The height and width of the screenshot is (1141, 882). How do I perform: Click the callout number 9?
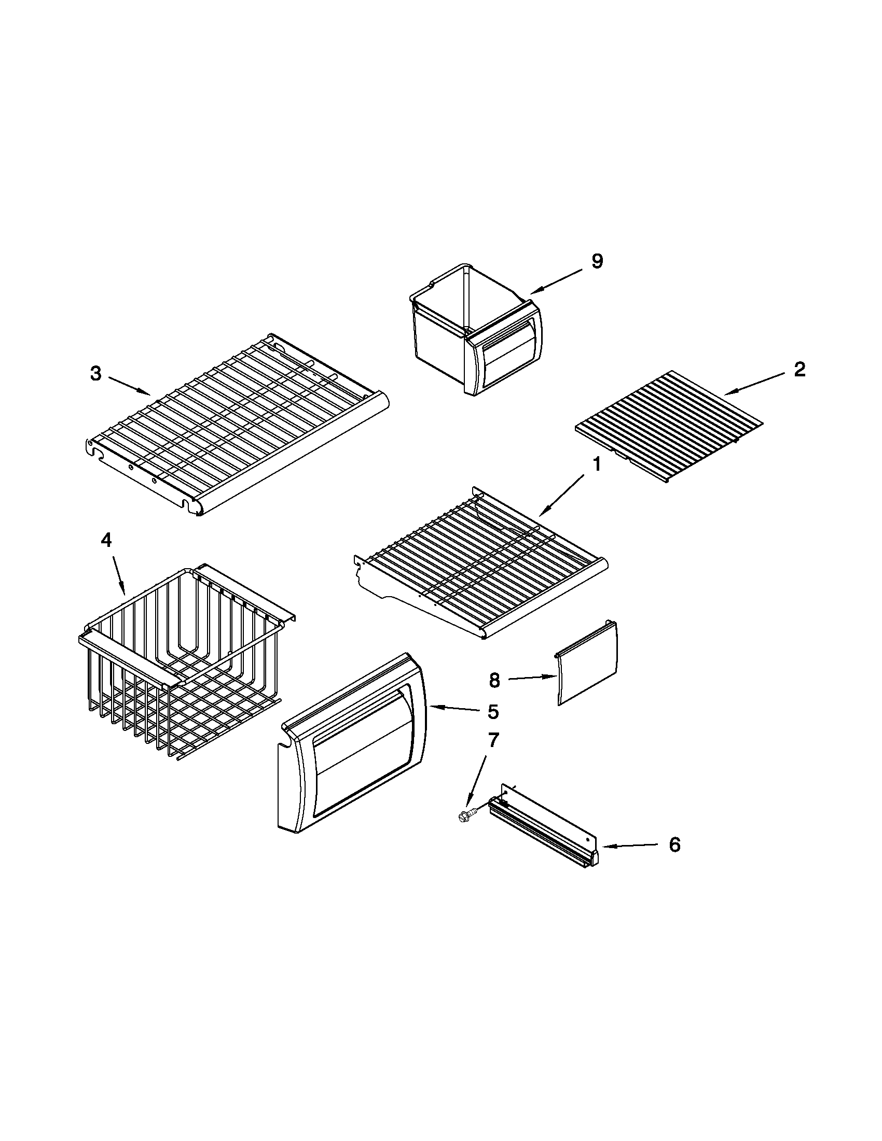tap(597, 261)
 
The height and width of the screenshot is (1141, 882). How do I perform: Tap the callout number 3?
tap(95, 374)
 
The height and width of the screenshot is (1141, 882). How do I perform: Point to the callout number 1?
tap(597, 464)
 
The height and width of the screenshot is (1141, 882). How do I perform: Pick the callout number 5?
tap(493, 711)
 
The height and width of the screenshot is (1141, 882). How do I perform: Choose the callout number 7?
tap(493, 740)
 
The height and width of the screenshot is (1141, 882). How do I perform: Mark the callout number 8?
tap(494, 680)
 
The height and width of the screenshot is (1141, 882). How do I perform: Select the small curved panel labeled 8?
tap(587, 663)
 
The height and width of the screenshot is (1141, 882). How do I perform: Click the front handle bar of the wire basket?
tap(129, 656)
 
